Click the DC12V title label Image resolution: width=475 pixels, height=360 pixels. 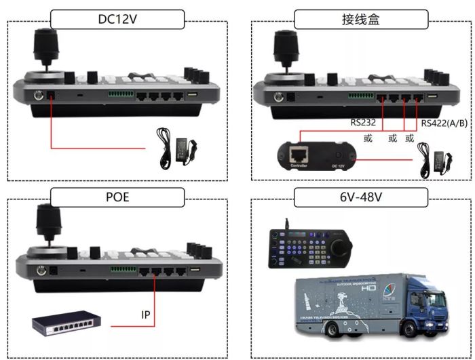click(x=118, y=19)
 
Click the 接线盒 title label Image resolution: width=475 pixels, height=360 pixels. click(x=360, y=19)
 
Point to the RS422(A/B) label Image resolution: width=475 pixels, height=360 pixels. click(x=442, y=123)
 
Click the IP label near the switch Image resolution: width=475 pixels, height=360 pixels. click(x=145, y=315)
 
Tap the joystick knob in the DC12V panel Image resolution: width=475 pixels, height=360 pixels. click(x=47, y=47)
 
